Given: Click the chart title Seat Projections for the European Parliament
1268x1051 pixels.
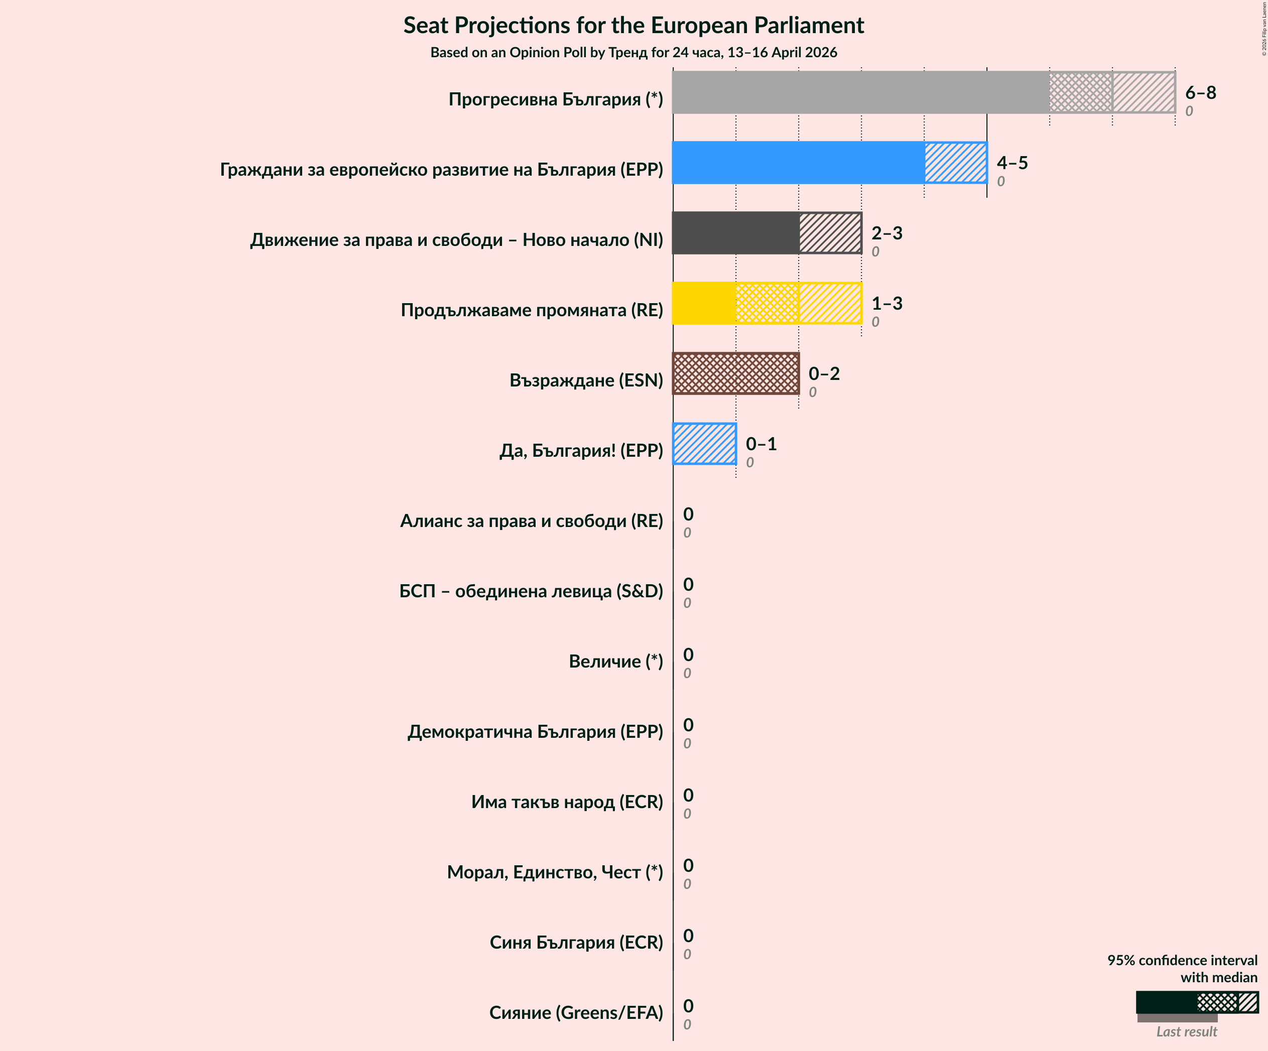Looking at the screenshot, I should coord(633,26).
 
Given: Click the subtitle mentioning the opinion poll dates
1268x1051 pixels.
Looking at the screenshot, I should coord(633,53).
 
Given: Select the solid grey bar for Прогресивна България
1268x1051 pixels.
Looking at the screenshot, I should coord(860,92).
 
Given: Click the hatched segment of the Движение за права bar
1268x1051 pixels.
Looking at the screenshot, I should coord(830,233).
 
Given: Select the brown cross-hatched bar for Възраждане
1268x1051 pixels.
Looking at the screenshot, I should coord(735,374).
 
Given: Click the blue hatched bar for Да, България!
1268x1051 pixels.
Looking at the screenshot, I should coord(705,444).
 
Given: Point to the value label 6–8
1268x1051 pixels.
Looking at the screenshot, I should coord(1200,92).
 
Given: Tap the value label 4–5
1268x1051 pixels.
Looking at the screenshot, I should coord(1012,163).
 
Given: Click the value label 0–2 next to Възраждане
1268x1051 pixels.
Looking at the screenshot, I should coord(824,374).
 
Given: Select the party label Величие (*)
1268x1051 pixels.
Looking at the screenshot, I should coord(615,662).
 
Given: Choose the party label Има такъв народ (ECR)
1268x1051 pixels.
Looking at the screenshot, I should coord(566,802).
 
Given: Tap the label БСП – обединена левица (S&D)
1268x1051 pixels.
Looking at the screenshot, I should coord(531,591).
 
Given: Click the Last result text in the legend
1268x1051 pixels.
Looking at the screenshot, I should coord(1187,1032).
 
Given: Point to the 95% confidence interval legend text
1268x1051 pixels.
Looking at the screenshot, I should coord(1182,968).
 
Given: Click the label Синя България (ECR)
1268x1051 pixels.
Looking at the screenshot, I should coord(576,943).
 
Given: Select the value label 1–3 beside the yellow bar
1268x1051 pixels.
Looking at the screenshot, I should coord(886,303).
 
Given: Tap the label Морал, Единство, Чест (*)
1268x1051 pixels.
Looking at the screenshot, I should coord(554,872).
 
